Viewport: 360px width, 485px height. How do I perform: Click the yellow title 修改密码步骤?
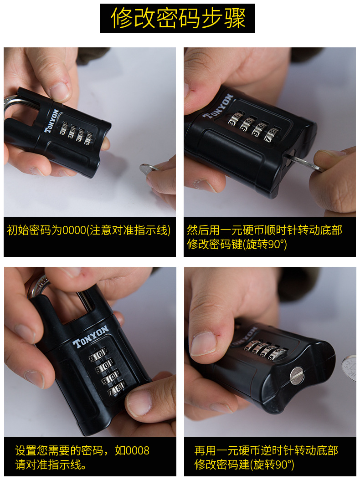tap(178, 18)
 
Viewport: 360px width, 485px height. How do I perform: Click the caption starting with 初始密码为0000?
tap(89, 230)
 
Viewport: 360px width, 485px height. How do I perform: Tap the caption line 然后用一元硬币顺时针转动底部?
tap(265, 230)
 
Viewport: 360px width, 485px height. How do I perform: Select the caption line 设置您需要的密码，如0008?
tap(82, 450)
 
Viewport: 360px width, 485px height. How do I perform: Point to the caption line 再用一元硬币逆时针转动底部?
tap(266, 450)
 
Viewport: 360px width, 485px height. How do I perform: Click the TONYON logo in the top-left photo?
tap(51, 120)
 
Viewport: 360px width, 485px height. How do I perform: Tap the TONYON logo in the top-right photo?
tap(218, 106)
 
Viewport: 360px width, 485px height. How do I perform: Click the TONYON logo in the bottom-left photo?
tap(90, 336)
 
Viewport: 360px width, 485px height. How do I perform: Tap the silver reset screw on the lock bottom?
tap(297, 374)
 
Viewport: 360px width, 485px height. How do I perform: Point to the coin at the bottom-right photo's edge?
tap(350, 368)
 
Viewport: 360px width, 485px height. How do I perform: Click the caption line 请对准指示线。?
tap(51, 465)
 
